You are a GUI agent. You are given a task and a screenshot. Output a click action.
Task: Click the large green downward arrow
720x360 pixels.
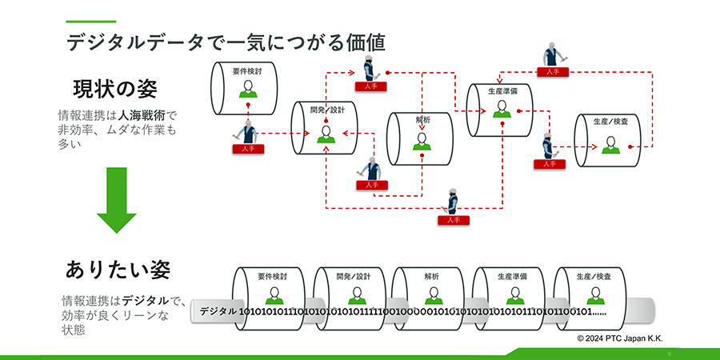pos(117,200)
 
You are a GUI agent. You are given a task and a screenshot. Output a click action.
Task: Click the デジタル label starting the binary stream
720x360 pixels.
pos(218,310)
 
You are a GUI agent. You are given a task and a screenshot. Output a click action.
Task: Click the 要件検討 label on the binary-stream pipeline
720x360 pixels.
pos(272,276)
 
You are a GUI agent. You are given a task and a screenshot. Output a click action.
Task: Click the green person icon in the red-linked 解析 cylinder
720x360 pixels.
pos(421,142)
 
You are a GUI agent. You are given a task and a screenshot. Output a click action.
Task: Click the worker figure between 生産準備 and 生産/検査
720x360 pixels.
pos(548,146)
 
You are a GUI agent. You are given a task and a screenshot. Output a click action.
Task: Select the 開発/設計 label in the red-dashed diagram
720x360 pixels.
pos(325,110)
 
